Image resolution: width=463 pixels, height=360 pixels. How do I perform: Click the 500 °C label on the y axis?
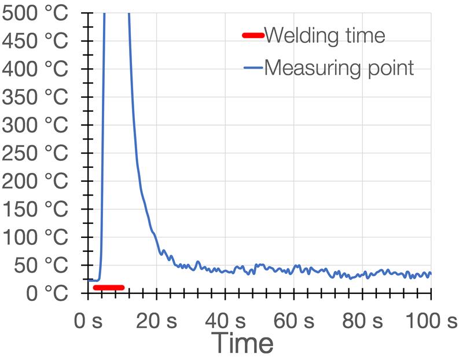point(35,13)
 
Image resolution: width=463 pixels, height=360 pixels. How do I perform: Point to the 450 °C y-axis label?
point(35,41)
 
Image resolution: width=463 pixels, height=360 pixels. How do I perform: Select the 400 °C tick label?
point(35,69)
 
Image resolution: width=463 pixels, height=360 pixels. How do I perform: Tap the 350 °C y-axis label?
point(35,97)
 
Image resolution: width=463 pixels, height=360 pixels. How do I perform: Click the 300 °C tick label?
point(35,125)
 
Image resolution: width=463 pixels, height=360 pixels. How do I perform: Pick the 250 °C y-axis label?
point(35,153)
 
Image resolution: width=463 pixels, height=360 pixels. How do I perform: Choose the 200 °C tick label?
point(35,181)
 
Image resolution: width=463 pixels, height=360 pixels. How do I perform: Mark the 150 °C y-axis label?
point(35,210)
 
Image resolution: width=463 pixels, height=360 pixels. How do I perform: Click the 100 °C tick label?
point(35,237)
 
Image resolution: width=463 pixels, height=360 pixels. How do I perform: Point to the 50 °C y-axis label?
point(42,266)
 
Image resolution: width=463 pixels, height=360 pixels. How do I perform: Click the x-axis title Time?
point(242,343)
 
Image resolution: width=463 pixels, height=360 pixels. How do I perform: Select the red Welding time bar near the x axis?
point(109,287)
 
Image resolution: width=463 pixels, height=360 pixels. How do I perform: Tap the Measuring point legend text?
point(339,68)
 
